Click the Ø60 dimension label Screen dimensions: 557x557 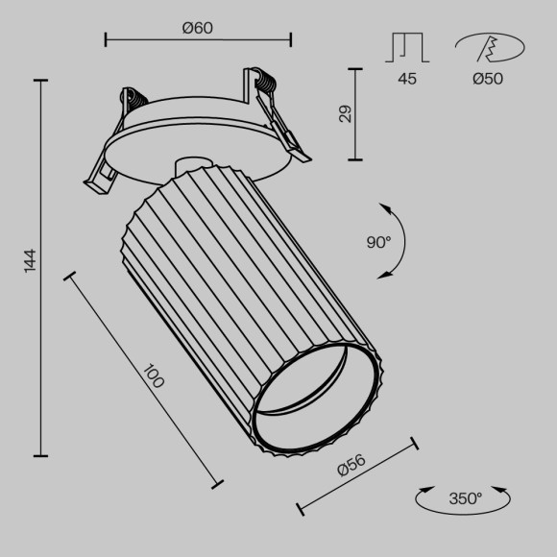[197, 28]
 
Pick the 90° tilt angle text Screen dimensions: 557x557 [378, 243]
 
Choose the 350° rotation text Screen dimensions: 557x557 [465, 498]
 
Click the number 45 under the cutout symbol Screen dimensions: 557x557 [407, 79]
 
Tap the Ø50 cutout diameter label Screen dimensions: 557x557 [488, 79]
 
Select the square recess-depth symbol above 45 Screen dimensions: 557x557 [408, 48]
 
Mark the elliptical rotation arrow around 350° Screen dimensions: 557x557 [465, 499]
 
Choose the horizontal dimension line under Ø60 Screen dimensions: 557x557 [197, 40]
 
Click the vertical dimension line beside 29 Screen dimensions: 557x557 [357, 114]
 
